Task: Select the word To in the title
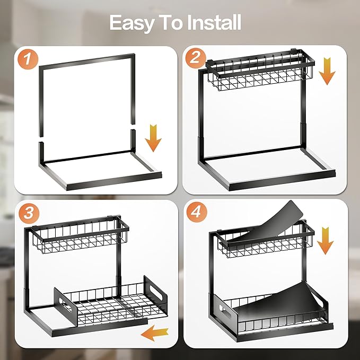tap(171, 23)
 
